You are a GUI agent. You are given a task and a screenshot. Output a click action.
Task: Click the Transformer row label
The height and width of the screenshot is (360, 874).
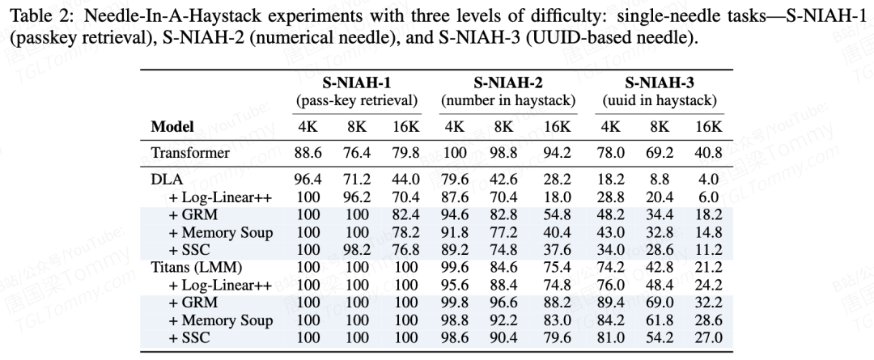coord(189,153)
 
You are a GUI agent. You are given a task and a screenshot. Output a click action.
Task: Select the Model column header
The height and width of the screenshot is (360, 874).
coord(172,126)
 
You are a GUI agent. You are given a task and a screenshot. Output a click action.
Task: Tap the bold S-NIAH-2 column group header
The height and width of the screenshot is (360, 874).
coord(507,83)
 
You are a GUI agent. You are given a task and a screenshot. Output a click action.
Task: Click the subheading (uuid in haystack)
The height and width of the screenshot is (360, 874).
coord(660,101)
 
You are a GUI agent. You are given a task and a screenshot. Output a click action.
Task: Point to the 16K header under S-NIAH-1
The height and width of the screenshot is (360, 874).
coord(405,126)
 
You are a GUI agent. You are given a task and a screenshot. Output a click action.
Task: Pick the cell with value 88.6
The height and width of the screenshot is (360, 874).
coord(308,153)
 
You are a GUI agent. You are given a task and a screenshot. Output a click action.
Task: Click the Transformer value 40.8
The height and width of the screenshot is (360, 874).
coord(708,153)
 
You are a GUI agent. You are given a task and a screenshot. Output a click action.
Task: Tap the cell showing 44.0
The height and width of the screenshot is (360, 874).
coord(405,180)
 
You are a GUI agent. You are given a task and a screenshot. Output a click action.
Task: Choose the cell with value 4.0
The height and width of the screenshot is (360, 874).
coord(708,180)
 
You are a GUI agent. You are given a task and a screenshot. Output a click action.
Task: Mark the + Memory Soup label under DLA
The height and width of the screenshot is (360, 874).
coord(221,232)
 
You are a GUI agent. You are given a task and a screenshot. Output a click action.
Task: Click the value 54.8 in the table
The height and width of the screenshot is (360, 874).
coord(558,214)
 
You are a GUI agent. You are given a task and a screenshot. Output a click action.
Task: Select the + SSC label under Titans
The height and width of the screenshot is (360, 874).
coord(189,337)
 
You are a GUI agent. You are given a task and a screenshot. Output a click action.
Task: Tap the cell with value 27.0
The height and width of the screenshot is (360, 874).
coord(708,337)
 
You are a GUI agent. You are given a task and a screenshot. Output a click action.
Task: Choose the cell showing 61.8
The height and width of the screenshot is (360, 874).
coord(660,320)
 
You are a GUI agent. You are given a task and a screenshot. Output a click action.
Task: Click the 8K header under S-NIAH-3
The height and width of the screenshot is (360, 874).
coord(660,126)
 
